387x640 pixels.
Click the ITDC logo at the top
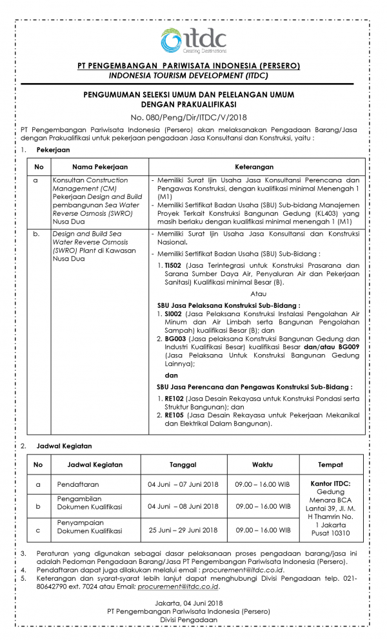(193, 39)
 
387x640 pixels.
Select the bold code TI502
(174, 265)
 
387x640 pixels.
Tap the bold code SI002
(173, 312)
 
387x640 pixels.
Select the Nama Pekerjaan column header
(100, 166)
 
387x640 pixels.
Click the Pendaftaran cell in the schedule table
(76, 483)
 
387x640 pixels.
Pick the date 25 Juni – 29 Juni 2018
(183, 530)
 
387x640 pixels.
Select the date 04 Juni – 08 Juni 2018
(183, 507)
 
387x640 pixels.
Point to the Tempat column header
(330, 464)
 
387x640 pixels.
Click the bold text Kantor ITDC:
(330, 484)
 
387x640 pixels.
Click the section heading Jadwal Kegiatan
(64, 446)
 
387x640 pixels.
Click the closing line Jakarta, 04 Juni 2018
(193, 602)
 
